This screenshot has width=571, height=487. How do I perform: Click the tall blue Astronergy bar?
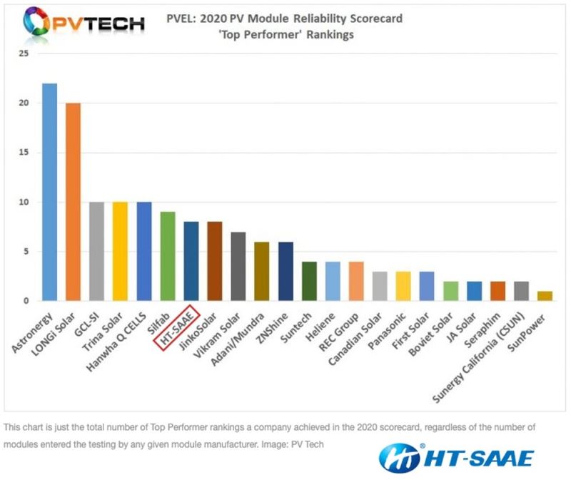49,192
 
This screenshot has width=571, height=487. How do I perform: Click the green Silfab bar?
167,256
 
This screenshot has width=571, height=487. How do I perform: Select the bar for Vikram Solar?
238,266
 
